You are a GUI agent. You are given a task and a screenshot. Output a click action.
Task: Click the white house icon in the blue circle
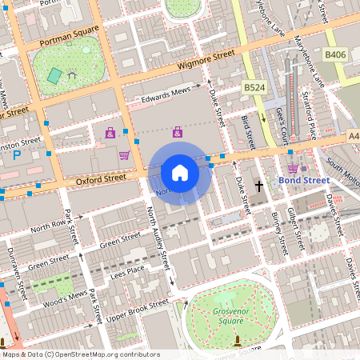click(x=180, y=173)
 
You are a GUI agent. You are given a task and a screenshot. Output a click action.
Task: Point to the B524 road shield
click(x=254, y=86)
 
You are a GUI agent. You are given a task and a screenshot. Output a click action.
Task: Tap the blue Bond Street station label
click(x=304, y=181)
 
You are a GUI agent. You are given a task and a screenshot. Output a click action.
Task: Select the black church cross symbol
click(x=258, y=186)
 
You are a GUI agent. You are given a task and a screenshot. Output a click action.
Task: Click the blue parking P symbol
click(x=17, y=155)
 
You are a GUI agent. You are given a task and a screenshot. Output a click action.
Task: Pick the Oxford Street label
click(x=79, y=182)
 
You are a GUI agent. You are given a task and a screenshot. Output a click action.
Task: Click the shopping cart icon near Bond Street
click(x=293, y=168)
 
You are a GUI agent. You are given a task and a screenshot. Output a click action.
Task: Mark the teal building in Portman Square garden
click(x=54, y=76)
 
